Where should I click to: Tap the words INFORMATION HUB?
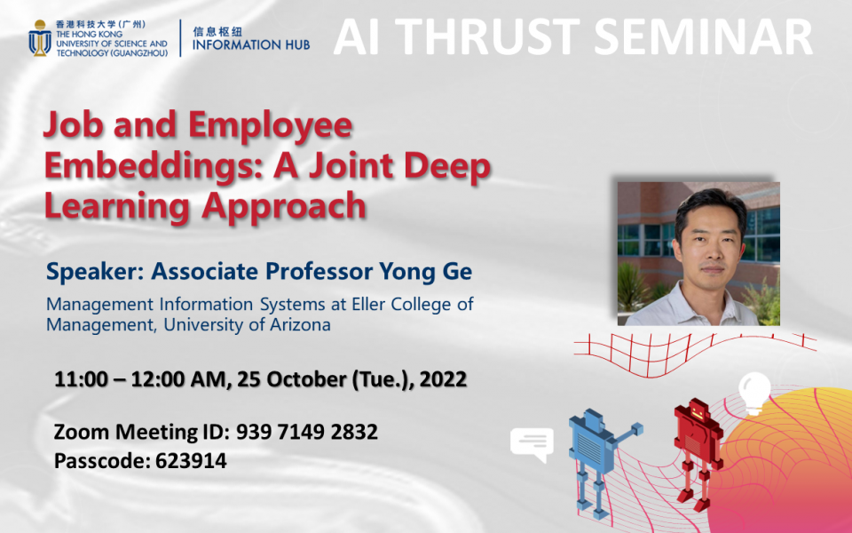251,44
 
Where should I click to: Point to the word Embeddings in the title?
134,166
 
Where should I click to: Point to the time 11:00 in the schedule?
80,379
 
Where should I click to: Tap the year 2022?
441,379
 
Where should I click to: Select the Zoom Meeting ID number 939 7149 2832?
307,433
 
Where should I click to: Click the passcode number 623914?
191,461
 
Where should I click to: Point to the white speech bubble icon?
532,442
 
